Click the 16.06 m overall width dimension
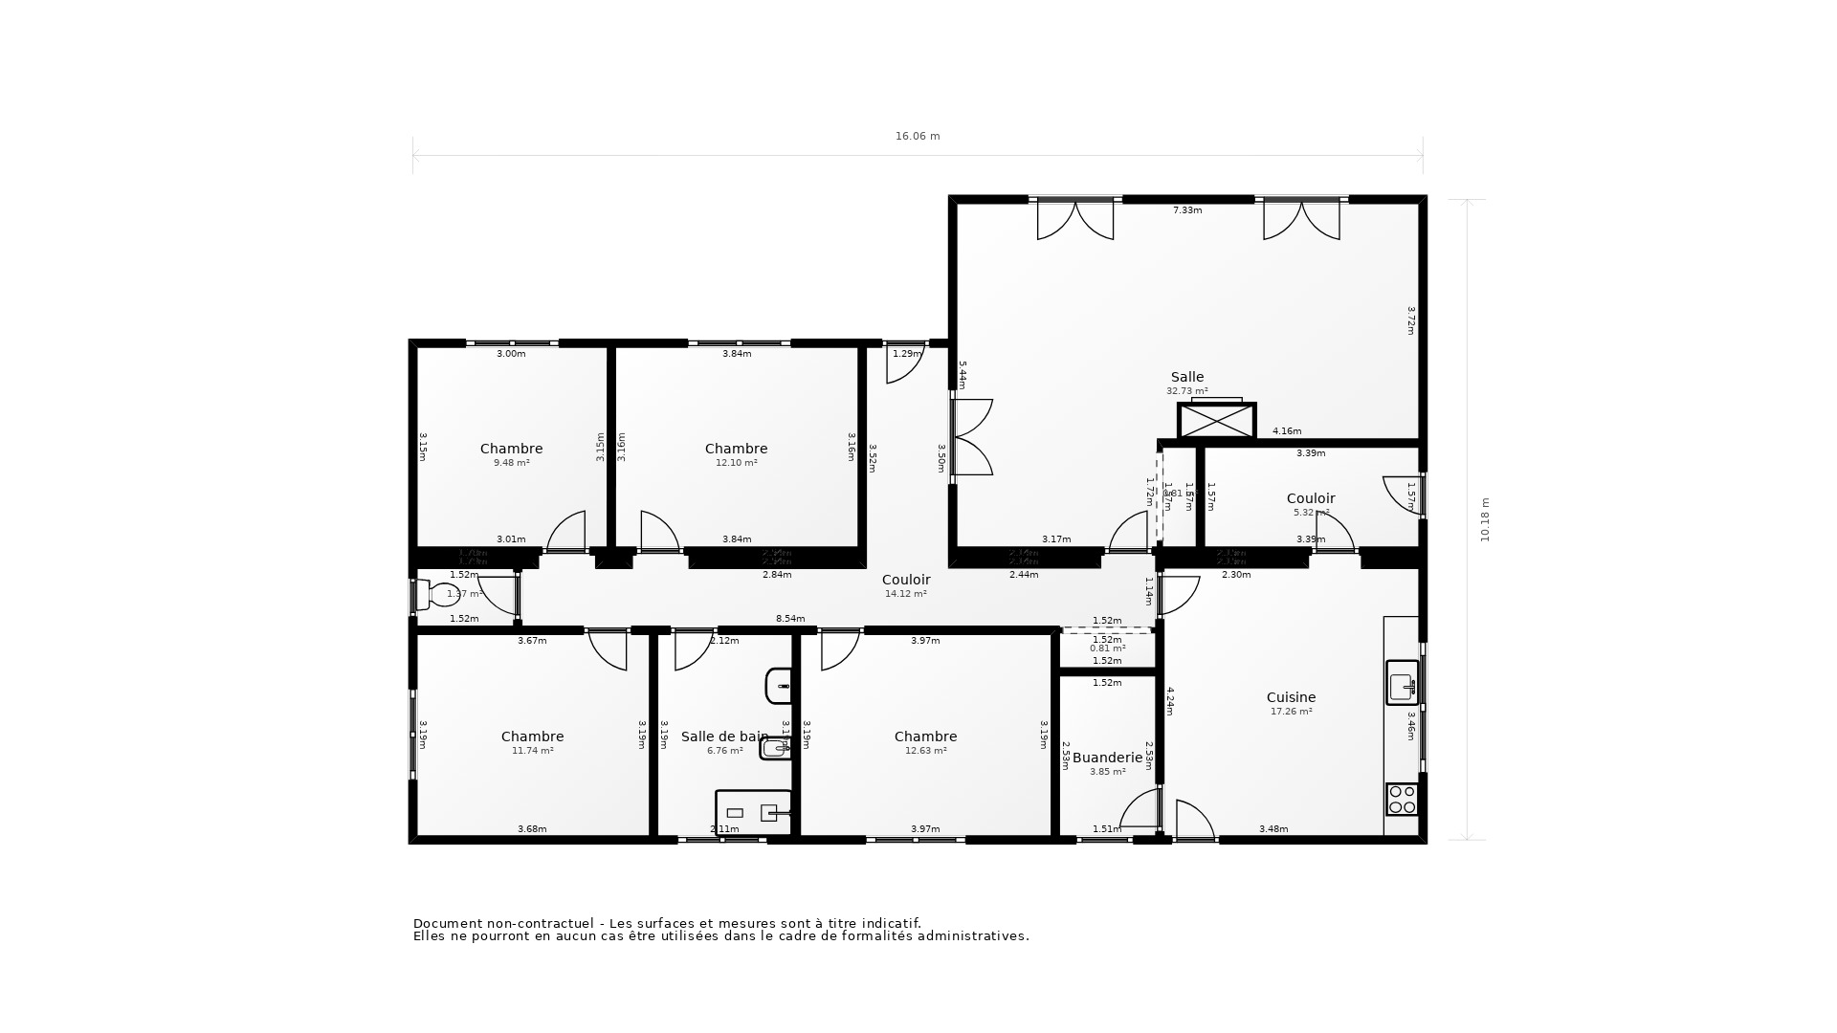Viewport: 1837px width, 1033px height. click(918, 136)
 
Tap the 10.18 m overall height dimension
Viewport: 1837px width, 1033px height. click(1485, 519)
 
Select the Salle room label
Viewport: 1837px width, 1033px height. click(1186, 377)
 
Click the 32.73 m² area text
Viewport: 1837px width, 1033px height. click(1186, 391)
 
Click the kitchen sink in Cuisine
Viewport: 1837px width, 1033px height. click(1402, 683)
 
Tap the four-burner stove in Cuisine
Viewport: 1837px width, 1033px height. click(1402, 799)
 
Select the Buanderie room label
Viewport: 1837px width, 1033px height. click(1107, 758)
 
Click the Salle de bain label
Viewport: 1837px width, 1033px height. click(724, 736)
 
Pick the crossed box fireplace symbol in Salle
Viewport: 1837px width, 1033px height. click(1216, 421)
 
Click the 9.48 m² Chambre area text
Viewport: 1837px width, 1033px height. click(511, 463)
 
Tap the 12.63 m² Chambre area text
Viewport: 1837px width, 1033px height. click(925, 751)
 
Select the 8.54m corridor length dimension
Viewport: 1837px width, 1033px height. click(790, 619)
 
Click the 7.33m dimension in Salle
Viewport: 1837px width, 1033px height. click(1187, 210)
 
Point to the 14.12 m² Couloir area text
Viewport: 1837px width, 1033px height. click(905, 594)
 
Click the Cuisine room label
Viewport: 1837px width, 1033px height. click(1291, 697)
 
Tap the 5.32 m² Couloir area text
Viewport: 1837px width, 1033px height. click(1311, 513)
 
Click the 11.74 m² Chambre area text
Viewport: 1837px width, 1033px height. click(532, 751)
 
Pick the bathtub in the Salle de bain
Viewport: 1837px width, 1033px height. click(754, 812)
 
